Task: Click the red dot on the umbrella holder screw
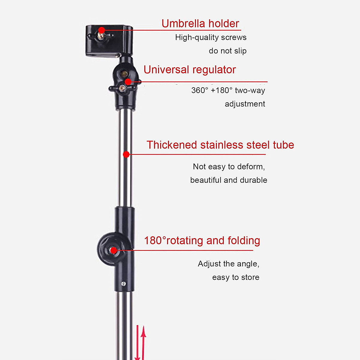[102, 30]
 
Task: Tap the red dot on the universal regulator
[128, 82]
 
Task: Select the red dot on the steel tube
[126, 154]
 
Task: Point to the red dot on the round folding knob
[113, 250]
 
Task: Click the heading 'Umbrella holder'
[200, 23]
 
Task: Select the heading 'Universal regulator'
[190, 70]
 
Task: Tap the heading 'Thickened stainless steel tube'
[220, 145]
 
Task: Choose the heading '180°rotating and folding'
[202, 241]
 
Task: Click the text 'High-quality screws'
[211, 37]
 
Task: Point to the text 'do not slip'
[227, 51]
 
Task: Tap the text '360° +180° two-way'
[228, 90]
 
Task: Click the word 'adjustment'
[245, 104]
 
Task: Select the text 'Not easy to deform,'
[229, 166]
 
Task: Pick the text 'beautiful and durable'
[229, 180]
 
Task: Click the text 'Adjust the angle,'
[228, 264]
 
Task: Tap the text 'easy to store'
[235, 277]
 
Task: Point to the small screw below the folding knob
[123, 283]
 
